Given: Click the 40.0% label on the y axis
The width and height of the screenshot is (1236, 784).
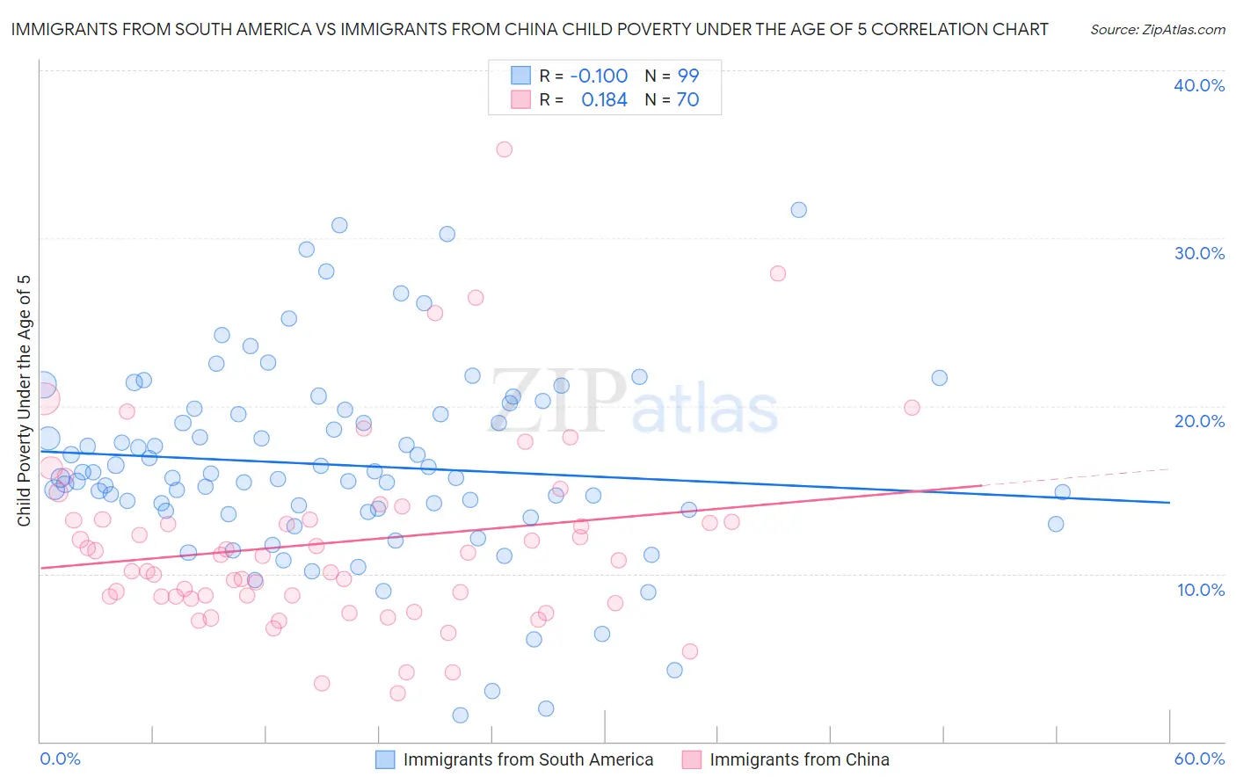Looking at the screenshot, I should click(x=1199, y=85).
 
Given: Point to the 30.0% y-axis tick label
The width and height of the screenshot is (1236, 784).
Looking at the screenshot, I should click(x=1199, y=253).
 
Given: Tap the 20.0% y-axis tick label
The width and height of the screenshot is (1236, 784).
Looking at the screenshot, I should click(x=1199, y=421).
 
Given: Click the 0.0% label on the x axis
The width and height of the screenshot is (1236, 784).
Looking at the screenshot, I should click(x=60, y=759).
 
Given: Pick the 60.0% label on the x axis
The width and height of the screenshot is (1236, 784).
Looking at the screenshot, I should click(x=1199, y=759).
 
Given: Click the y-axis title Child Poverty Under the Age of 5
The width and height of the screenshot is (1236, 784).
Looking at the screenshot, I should click(x=25, y=401).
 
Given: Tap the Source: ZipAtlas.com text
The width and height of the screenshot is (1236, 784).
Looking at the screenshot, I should click(x=1157, y=30).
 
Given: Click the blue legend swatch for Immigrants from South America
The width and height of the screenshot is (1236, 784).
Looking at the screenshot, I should click(x=385, y=759).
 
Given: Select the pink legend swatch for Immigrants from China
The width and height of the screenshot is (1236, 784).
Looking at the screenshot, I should click(x=692, y=759).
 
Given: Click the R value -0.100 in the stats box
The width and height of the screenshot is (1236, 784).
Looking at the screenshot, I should click(x=599, y=76).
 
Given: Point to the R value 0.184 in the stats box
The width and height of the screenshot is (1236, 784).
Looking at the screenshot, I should click(x=604, y=100).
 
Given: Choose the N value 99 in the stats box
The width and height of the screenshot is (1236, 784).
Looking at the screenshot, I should click(x=687, y=76).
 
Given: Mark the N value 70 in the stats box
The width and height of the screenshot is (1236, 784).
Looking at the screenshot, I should click(x=687, y=100).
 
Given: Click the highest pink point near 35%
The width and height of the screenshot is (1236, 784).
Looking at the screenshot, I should click(x=504, y=149).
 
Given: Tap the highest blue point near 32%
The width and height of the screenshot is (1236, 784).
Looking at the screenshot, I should click(x=798, y=210).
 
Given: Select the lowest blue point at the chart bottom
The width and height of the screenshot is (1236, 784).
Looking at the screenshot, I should click(x=460, y=715).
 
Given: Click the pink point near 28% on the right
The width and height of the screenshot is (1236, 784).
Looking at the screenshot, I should click(x=777, y=273).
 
